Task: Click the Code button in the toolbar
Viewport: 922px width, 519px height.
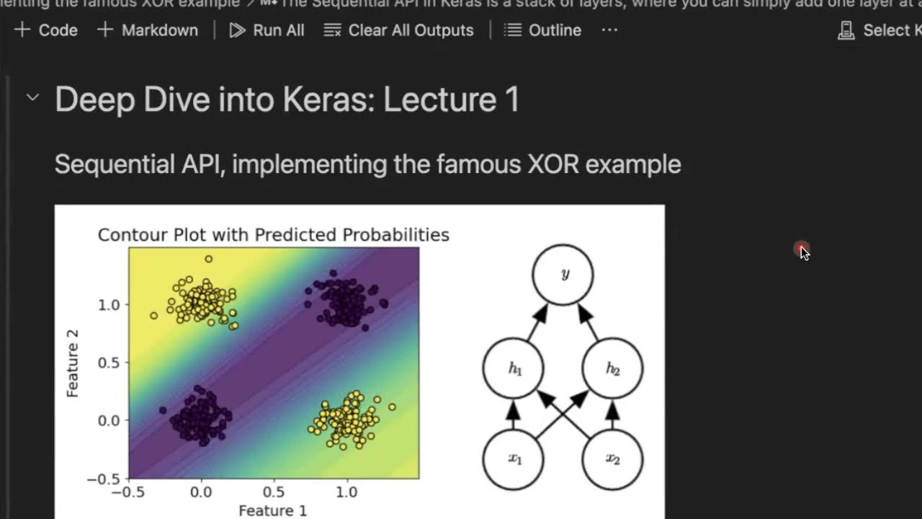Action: (46, 30)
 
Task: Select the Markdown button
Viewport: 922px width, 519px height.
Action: (148, 30)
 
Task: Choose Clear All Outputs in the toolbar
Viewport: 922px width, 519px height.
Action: (399, 30)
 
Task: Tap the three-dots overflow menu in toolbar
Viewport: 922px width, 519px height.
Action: (609, 30)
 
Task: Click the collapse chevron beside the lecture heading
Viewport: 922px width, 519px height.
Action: (32, 97)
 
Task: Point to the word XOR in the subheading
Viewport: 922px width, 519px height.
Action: (553, 164)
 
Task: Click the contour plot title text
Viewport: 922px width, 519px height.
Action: (273, 235)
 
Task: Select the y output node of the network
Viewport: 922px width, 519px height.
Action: (563, 275)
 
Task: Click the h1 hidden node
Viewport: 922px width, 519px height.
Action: (514, 369)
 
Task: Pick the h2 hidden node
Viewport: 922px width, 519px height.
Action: (612, 369)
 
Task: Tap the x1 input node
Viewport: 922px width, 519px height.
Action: (514, 459)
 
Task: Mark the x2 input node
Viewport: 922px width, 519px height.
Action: (612, 459)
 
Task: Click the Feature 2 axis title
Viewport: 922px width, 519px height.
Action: (72, 363)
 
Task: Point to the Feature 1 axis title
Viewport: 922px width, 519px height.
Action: (272, 510)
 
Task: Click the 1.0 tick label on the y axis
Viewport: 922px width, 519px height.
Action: (108, 305)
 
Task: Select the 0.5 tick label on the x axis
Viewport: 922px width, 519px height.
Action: (273, 492)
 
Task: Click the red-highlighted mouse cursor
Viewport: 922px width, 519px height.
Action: (803, 251)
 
